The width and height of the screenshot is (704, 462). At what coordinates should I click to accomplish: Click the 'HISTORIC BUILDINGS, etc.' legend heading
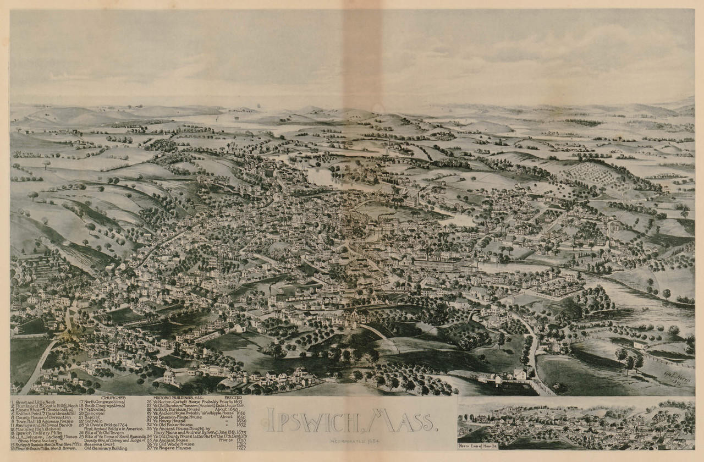click(175, 397)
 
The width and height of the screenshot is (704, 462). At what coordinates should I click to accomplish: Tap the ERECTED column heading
click(233, 397)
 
